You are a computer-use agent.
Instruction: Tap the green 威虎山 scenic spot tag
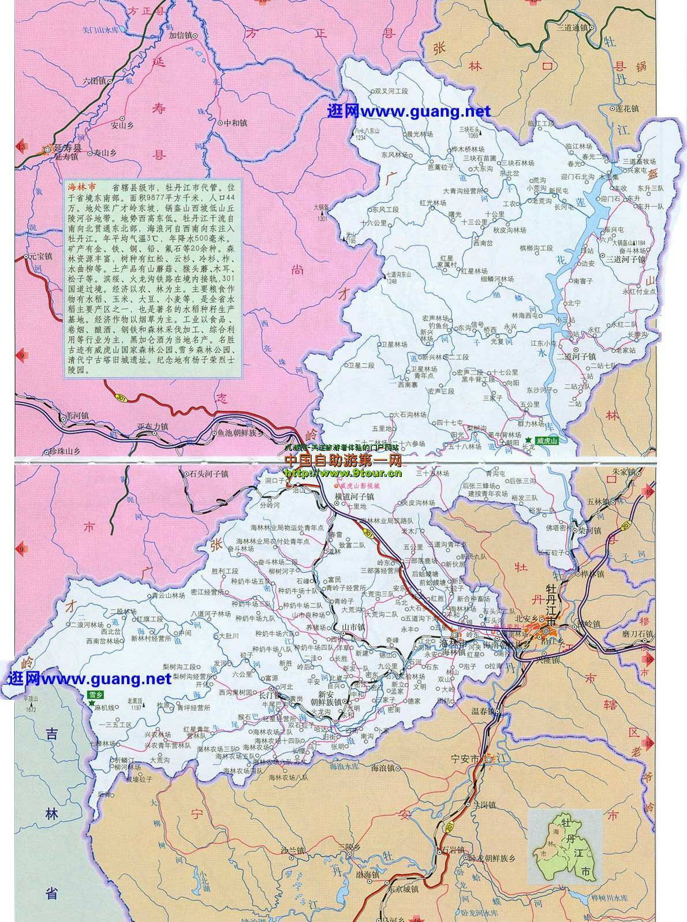[x=548, y=441]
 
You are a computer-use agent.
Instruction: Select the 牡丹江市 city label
[x=552, y=606]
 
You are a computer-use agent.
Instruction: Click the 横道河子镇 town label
[x=354, y=496]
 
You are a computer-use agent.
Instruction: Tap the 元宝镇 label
[x=41, y=256]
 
